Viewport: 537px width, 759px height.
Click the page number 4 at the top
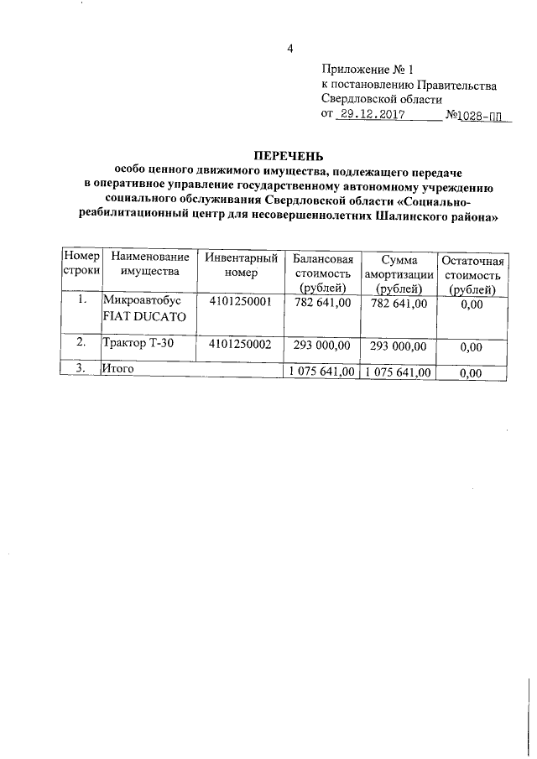tap(289, 49)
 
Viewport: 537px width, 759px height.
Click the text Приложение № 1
tap(368, 70)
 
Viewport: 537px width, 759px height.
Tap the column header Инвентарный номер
tap(241, 266)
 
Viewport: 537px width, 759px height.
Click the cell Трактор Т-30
tap(138, 342)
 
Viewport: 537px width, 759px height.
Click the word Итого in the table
tap(118, 368)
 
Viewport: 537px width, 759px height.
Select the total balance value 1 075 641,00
tap(321, 371)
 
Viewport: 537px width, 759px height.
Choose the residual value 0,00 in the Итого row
tap(472, 372)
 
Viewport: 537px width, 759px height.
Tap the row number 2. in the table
tap(81, 342)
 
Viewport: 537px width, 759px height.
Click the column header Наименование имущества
tap(149, 266)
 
